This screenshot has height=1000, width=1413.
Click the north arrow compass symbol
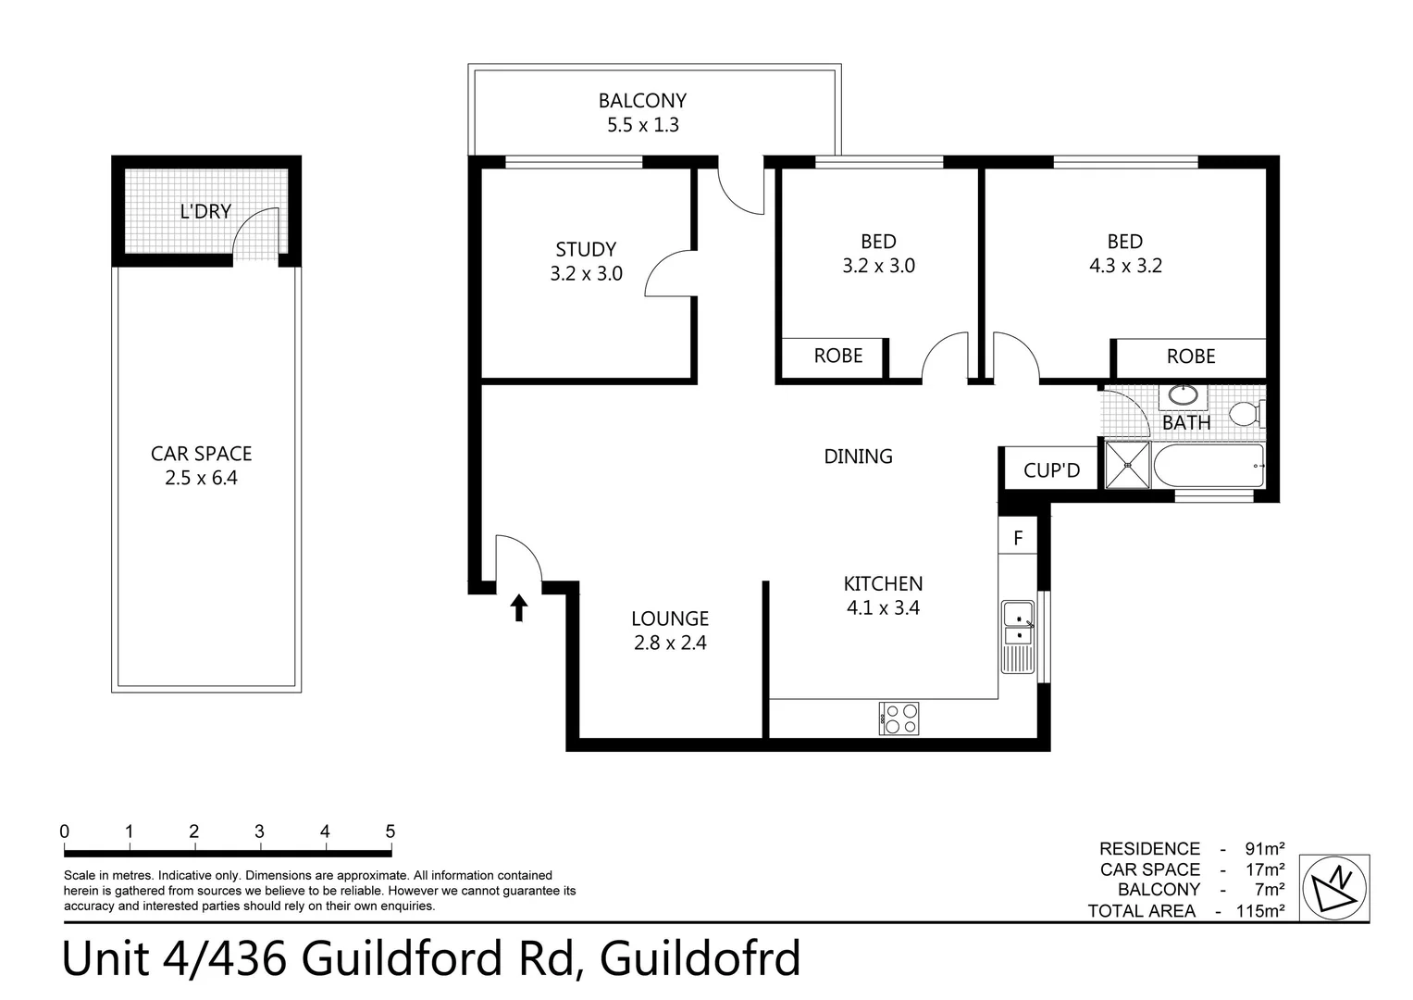[1334, 888]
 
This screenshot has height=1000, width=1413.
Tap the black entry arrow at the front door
[519, 607]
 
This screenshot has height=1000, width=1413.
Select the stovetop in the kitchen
[899, 719]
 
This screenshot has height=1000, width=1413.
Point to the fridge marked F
[1018, 538]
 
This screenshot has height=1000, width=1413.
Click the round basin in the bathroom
[1182, 396]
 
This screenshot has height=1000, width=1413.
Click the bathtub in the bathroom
[1208, 465]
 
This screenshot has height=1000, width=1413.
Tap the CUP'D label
[1051, 470]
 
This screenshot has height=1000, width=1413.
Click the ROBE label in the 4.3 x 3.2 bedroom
[1190, 356]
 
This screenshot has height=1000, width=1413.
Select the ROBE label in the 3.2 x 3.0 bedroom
[837, 356]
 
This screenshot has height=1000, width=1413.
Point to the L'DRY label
[205, 212]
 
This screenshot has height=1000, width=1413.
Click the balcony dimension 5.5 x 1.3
[642, 125]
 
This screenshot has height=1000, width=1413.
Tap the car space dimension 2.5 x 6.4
[201, 479]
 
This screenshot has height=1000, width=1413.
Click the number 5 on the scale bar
[390, 831]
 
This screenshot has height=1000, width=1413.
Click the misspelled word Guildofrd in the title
[700, 959]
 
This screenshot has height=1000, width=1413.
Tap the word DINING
[858, 456]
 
